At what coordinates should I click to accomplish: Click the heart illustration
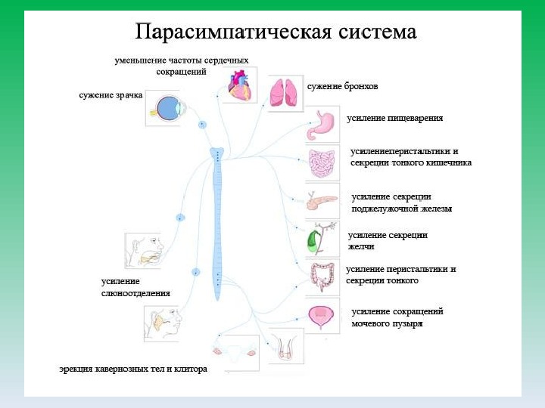point(238,85)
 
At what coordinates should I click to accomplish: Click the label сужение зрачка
point(110,95)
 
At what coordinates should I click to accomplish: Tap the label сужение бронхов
point(342,86)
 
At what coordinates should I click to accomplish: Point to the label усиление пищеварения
point(394,118)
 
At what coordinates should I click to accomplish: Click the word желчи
point(361,246)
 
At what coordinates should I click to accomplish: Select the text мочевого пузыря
point(387,323)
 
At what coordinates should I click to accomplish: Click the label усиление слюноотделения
point(135,287)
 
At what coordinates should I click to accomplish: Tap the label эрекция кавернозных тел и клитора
point(133,369)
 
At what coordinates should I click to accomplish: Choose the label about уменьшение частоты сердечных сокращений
point(182,66)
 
